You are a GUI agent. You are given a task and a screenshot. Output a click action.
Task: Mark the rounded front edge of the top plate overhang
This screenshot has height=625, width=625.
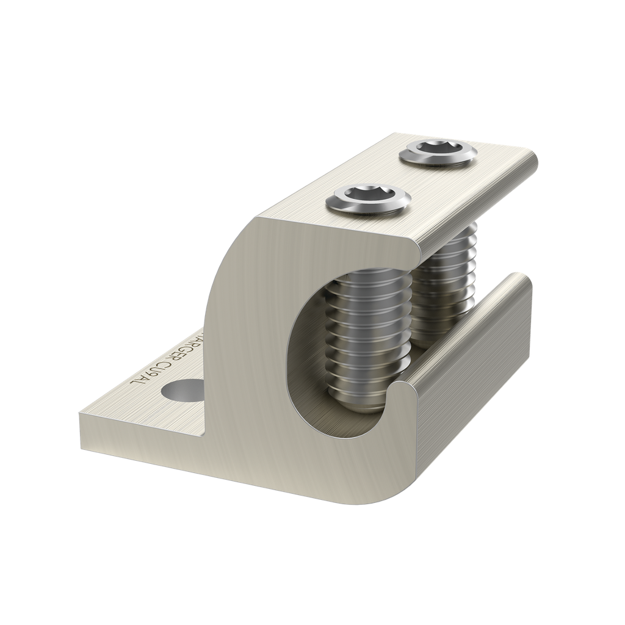[476, 208]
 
